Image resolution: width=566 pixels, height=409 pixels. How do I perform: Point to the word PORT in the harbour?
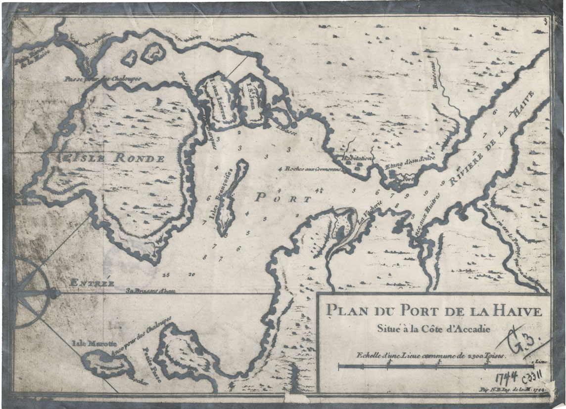(x=283, y=198)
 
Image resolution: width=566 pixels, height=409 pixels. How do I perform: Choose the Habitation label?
(x=355, y=158)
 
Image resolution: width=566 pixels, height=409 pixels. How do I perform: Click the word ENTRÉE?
(x=92, y=284)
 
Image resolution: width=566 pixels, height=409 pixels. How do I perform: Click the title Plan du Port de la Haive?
(x=433, y=311)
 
